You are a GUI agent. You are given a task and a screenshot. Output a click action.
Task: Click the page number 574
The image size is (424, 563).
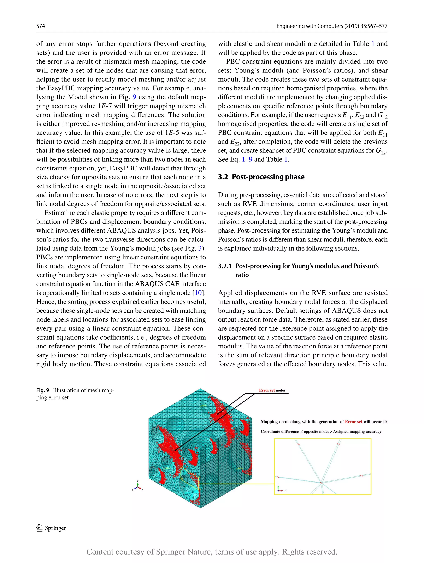pyautogui.click(x=41, y=26)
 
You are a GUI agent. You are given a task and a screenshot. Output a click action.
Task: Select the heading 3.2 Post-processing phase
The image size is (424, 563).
pyautogui.click(x=261, y=177)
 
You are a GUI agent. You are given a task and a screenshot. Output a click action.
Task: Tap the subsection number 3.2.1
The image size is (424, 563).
pyautogui.click(x=225, y=266)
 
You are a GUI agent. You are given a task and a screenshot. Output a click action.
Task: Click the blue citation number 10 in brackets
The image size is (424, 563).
pyautogui.click(x=198, y=293)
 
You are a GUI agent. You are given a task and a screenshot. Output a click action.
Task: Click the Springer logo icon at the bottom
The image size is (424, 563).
pyautogui.click(x=40, y=528)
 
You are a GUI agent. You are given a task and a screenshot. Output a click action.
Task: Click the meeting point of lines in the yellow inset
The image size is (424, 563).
pyautogui.click(x=321, y=483)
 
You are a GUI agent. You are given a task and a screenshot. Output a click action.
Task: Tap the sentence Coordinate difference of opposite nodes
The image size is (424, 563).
pyautogui.click(x=321, y=432)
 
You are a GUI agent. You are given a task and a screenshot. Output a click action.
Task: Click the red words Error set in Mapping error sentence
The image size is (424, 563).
pyautogui.click(x=353, y=422)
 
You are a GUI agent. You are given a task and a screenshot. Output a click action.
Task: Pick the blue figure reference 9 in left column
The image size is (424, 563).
pyautogui.click(x=134, y=97)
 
